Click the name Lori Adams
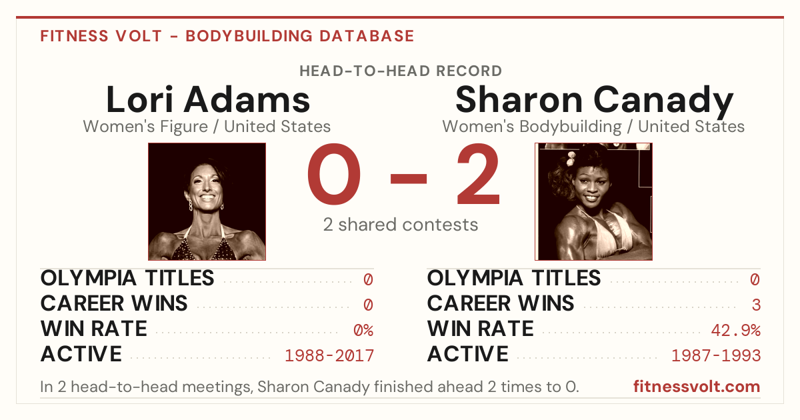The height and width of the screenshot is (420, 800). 208,99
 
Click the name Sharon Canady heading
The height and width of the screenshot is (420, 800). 594,101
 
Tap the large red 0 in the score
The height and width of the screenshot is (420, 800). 334,174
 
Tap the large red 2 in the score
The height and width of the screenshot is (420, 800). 478,173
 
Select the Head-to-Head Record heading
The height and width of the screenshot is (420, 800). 401,71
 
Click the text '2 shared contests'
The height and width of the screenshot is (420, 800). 401,225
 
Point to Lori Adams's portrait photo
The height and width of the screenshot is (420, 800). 207,201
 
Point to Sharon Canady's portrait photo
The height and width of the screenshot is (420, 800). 593,201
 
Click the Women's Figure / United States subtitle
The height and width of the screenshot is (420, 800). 207,127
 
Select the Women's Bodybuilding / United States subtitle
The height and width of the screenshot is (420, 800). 593,127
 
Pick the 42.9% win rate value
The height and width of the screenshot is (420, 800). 736,330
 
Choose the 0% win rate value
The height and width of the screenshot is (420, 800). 363,330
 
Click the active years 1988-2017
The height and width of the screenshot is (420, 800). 329,356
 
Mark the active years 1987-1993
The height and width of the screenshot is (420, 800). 716,356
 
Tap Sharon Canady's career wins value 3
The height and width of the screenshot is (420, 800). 756,305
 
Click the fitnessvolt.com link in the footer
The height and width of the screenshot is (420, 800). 697,387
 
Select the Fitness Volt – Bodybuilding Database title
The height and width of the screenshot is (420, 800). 227,36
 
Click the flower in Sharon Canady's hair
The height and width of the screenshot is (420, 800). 571,158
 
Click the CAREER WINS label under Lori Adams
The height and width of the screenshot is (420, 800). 114,303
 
